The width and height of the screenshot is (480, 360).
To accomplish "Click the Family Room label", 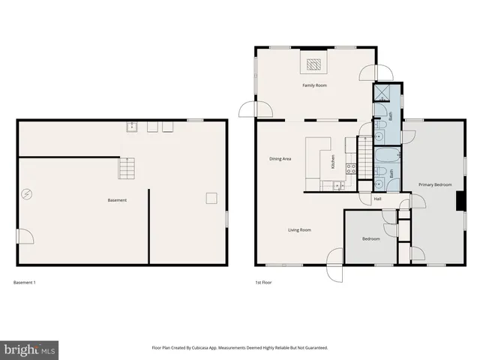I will pyautogui.click(x=314, y=85).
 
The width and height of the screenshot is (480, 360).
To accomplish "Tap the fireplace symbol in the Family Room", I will pyautogui.click(x=314, y=64).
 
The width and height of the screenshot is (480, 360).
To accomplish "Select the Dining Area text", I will pyautogui.click(x=280, y=159).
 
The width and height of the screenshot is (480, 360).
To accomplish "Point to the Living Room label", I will pyautogui.click(x=299, y=230).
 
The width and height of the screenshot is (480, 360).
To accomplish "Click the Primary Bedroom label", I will pyautogui.click(x=435, y=184).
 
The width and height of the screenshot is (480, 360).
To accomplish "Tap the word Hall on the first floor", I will pyautogui.click(x=377, y=199).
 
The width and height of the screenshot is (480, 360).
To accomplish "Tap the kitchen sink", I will pyautogui.click(x=339, y=184).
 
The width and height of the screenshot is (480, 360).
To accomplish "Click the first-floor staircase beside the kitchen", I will pyautogui.click(x=364, y=160).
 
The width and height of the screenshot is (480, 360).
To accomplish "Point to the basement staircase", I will pyautogui.click(x=128, y=168).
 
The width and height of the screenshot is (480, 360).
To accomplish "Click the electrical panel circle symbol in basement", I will pyautogui.click(x=27, y=193).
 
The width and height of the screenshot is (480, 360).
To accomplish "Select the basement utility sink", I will pyautogui.click(x=132, y=126).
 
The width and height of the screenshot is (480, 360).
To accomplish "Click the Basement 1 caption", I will pyautogui.click(x=25, y=283).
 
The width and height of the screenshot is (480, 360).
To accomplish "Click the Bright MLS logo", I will pyautogui.click(x=29, y=349).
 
